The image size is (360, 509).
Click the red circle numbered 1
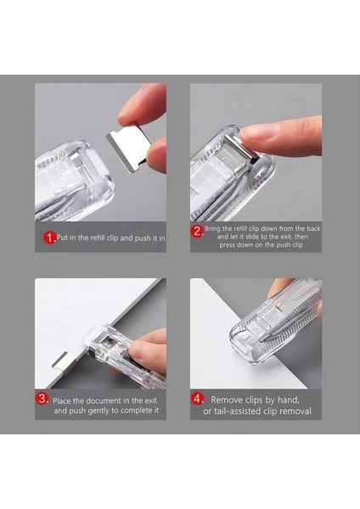(x=49, y=238)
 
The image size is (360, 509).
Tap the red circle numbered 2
(x=197, y=232)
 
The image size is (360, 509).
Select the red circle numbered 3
(x=42, y=399)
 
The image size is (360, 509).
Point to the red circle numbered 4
(x=197, y=399)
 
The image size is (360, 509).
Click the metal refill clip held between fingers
(x=129, y=147)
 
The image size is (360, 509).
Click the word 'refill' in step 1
(x=98, y=238)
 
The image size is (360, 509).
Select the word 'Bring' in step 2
(x=212, y=229)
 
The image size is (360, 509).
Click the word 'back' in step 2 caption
(x=313, y=228)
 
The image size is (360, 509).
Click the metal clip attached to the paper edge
(x=60, y=361)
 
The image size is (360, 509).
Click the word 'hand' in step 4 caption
(x=288, y=400)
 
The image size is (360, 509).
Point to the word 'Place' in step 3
(x=62, y=401)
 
